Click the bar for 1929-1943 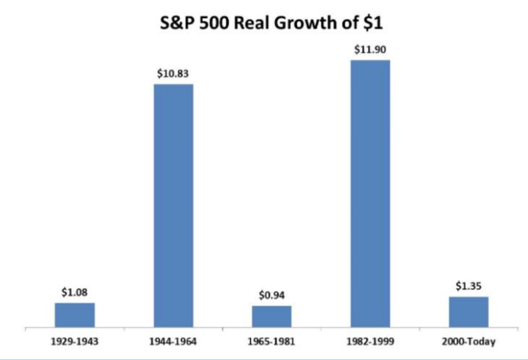(x=75, y=315)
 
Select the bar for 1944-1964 (x=173, y=206)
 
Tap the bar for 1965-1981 (x=272, y=317)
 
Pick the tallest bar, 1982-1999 (x=370, y=194)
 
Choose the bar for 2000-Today (x=469, y=312)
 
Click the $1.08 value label (x=75, y=293)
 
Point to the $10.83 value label (x=173, y=74)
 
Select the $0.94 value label (x=272, y=296)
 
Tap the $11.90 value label (x=370, y=50)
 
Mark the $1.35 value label (x=469, y=287)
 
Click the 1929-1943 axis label (x=75, y=342)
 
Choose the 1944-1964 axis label (x=173, y=342)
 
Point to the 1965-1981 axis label (x=272, y=342)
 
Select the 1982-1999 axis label (x=370, y=342)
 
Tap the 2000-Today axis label (x=469, y=342)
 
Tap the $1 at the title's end (x=373, y=23)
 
